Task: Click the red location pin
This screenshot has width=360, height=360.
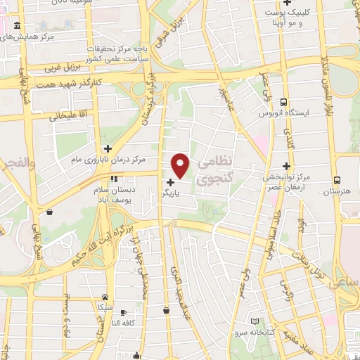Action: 181,165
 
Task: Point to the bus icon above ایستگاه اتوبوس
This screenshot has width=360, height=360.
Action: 283,102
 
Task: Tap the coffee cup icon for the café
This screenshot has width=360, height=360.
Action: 124,312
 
